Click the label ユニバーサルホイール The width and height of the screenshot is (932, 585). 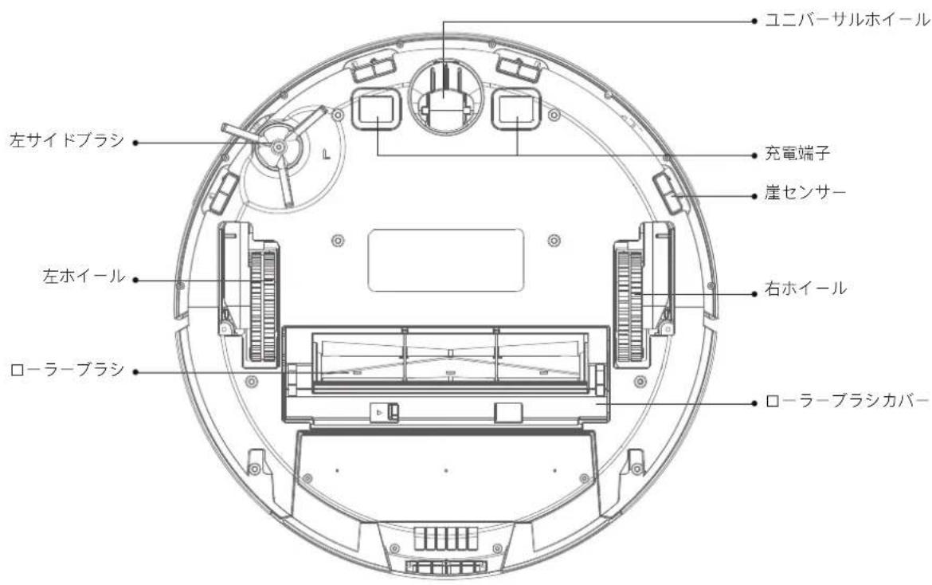[x=847, y=20]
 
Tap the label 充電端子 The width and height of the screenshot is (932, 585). [x=797, y=154]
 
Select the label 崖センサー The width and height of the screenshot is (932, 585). [x=805, y=193]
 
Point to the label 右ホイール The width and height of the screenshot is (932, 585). [x=805, y=289]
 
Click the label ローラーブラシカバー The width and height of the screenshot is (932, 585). [x=847, y=402]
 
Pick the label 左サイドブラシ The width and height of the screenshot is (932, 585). [x=67, y=140]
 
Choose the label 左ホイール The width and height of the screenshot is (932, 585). [x=84, y=277]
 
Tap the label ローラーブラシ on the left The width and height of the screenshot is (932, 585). [x=67, y=369]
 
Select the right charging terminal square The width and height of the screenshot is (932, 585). [x=516, y=108]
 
